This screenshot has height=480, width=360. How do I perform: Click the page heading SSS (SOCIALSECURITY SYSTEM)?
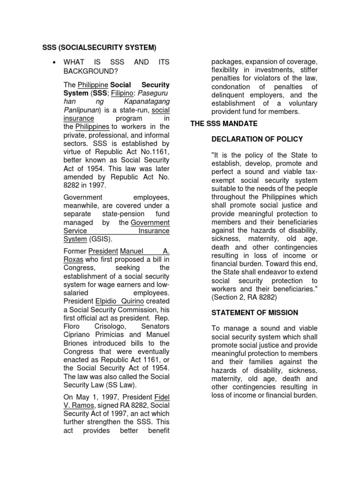coord(99,47)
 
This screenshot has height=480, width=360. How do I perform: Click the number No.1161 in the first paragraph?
coord(156,151)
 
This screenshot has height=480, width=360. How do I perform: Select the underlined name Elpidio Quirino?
coord(118,301)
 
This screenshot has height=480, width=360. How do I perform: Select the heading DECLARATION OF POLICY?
coord(257,139)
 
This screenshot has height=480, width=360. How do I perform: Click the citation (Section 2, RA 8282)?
coord(244,297)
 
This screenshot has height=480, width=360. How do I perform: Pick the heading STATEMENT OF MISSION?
coord(255,313)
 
